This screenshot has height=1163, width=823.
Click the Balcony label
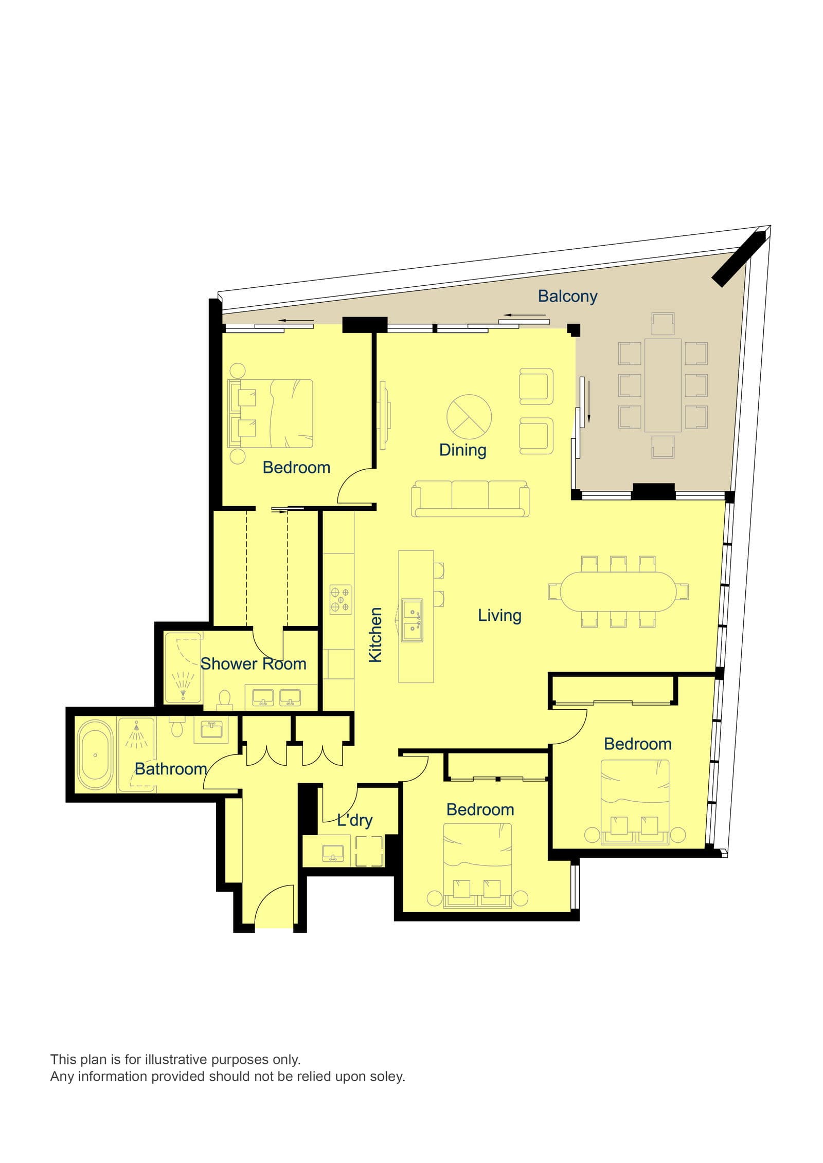point(567,296)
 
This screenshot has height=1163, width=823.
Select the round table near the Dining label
point(469,417)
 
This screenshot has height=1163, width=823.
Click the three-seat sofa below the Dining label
point(470,498)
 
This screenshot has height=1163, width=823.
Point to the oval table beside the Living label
point(618,592)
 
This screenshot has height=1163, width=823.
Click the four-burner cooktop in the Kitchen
point(341,599)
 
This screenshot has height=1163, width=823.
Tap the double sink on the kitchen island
point(412,620)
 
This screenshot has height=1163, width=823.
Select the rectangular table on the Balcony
point(663,384)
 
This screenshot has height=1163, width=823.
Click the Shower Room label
point(253,663)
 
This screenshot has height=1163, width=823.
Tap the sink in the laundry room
point(333,854)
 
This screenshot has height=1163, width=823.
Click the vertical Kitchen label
point(375,635)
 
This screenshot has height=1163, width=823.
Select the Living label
point(499,615)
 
